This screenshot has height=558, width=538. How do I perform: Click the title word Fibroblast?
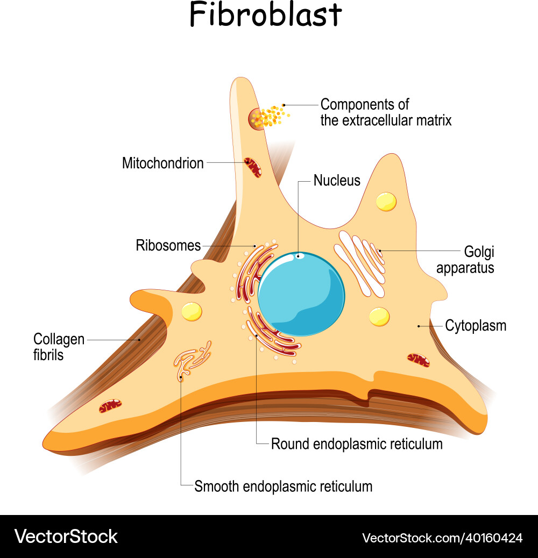(x=265, y=16)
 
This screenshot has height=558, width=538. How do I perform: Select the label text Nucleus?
(x=337, y=180)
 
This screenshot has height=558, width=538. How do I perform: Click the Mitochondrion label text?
(x=162, y=163)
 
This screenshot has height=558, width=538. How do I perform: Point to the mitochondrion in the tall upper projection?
(x=252, y=167)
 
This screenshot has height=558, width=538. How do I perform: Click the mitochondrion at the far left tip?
(x=110, y=406)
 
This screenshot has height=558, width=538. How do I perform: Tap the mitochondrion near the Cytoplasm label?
(x=418, y=360)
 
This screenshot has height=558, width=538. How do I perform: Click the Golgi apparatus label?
(x=465, y=260)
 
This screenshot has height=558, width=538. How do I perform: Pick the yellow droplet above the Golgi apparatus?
(x=386, y=201)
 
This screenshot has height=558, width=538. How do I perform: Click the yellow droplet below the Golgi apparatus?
(x=379, y=316)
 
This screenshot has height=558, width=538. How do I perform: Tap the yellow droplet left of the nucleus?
(x=192, y=311)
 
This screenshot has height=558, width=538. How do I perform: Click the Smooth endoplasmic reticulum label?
(x=283, y=487)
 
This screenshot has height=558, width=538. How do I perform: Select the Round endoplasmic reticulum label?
(x=357, y=444)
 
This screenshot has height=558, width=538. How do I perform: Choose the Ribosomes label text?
(x=168, y=246)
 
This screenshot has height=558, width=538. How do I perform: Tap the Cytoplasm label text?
(x=476, y=326)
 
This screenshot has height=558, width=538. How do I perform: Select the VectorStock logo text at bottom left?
(x=66, y=536)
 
